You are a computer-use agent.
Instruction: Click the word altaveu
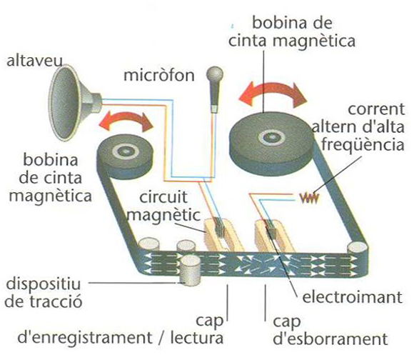pyautogui.click(x=34, y=61)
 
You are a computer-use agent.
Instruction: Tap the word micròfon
pyautogui.click(x=159, y=75)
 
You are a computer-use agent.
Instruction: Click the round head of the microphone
pyautogui.click(x=215, y=74)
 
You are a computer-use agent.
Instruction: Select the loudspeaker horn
pyautogui.click(x=74, y=102)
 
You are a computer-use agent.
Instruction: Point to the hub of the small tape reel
pyautogui.click(x=126, y=151)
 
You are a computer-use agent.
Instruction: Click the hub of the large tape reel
pyautogui.click(x=272, y=138)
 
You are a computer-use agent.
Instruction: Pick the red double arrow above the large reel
pyautogui.click(x=273, y=94)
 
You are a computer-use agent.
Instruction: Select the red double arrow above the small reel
pyautogui.click(x=126, y=121)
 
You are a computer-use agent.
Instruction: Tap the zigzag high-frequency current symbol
pyautogui.click(x=310, y=198)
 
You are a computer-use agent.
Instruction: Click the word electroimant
pyautogui.click(x=352, y=297)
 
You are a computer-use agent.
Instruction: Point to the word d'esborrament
pyautogui.click(x=330, y=339)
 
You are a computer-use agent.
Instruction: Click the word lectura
pyautogui.click(x=197, y=338)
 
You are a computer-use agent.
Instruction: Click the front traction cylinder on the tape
pyautogui.click(x=190, y=270)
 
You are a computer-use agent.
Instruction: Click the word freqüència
pyautogui.click(x=363, y=145)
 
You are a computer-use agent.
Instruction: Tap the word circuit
pyautogui.click(x=163, y=197)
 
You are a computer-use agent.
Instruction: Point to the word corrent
pyautogui.click(x=376, y=109)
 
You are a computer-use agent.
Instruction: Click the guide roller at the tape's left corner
pyautogui.click(x=149, y=244)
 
